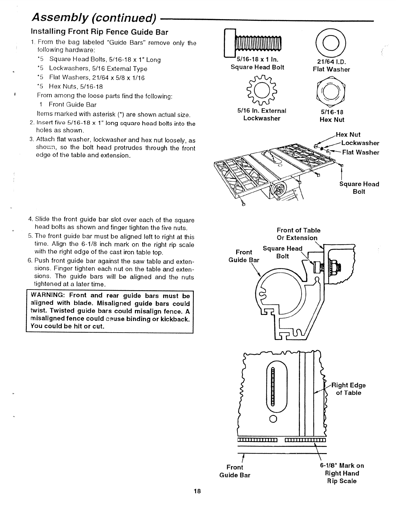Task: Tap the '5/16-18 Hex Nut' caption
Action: click(x=332, y=116)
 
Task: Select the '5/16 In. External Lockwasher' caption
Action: click(x=262, y=114)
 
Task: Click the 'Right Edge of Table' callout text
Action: click(x=349, y=389)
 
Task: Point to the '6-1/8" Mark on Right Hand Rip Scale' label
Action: click(x=342, y=473)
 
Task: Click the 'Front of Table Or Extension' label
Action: click(x=298, y=234)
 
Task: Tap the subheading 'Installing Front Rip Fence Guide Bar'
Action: click(x=99, y=32)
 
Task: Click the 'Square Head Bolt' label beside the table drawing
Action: click(x=359, y=188)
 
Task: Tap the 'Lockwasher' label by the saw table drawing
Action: click(x=360, y=143)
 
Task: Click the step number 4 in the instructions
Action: click(x=30, y=220)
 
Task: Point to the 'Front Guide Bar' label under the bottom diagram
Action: click(x=235, y=471)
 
